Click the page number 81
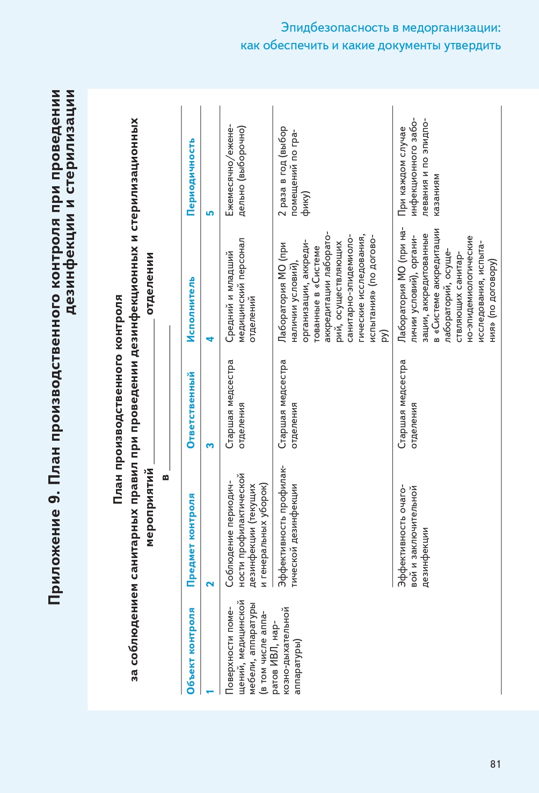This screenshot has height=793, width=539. [495, 764]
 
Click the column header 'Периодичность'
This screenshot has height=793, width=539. [191, 177]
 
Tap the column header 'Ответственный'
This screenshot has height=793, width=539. [191, 410]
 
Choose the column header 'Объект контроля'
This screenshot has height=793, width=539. [191, 650]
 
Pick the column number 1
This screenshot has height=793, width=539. [210, 691]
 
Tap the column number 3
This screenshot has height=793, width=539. [210, 445]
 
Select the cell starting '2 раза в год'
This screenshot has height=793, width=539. [294, 171]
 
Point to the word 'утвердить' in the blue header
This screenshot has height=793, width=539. [472, 46]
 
